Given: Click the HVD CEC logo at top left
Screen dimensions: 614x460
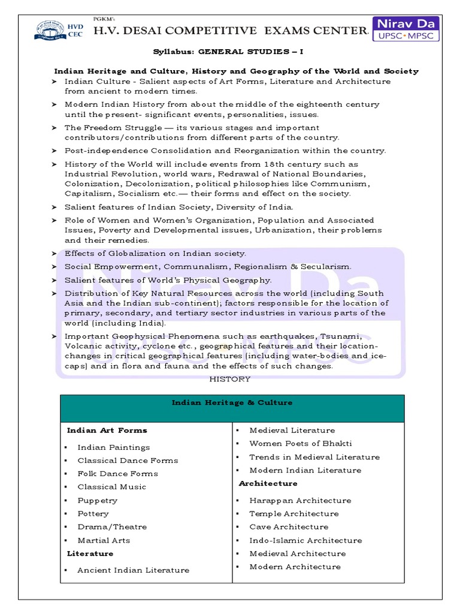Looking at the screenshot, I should click(x=51, y=29).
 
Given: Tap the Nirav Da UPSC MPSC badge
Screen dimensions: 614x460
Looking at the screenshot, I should click(x=405, y=29).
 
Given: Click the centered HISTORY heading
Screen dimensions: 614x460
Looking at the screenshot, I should click(x=229, y=379).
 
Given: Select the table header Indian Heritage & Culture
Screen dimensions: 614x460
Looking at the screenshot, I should click(x=232, y=403).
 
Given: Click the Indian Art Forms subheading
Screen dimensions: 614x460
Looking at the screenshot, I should click(x=107, y=431).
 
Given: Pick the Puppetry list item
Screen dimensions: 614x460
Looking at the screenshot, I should click(x=97, y=500).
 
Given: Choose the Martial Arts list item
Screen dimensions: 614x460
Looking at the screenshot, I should click(x=104, y=540).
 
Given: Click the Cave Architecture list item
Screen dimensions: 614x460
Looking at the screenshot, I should click(x=289, y=527).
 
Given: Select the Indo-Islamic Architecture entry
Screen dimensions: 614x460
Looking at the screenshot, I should click(x=305, y=540).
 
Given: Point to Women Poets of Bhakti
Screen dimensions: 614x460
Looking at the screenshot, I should click(x=301, y=444).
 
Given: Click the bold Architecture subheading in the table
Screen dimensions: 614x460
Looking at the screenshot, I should click(x=268, y=483).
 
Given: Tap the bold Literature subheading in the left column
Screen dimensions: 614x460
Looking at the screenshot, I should click(x=90, y=553).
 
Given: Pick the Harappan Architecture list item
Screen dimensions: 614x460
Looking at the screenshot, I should click(x=300, y=500).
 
